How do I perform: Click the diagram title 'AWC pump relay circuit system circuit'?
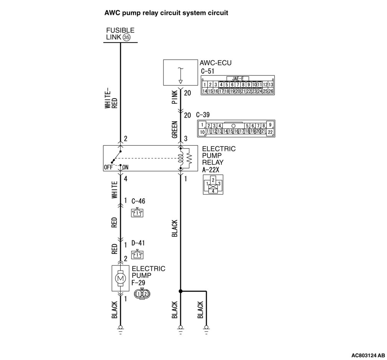coord(166,13)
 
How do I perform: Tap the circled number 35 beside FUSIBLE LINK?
coord(126,37)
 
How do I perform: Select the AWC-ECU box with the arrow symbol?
coord(180,72)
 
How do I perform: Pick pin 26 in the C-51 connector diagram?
coord(271,91)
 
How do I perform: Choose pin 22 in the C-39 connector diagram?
coord(270,132)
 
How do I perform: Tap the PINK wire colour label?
coord(175,98)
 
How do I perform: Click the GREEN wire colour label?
coord(175,130)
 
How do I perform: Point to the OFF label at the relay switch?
coord(108,167)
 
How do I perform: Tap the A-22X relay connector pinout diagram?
coord(213,184)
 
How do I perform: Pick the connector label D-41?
coord(138,243)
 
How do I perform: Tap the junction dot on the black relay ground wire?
coord(180,291)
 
